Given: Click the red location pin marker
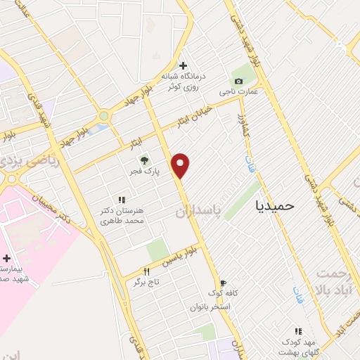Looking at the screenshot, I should (181, 165).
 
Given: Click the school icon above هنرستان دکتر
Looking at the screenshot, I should (122, 200).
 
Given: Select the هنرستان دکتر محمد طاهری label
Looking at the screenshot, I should (122, 215).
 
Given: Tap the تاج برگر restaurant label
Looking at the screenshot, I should (147, 281).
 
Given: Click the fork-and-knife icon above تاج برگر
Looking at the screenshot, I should (146, 271).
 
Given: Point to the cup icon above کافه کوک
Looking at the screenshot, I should (223, 282).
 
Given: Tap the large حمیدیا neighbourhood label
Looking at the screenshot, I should (276, 205).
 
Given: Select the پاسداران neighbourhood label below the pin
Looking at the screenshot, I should (196, 212).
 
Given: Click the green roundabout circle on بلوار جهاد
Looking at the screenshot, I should (104, 116).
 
